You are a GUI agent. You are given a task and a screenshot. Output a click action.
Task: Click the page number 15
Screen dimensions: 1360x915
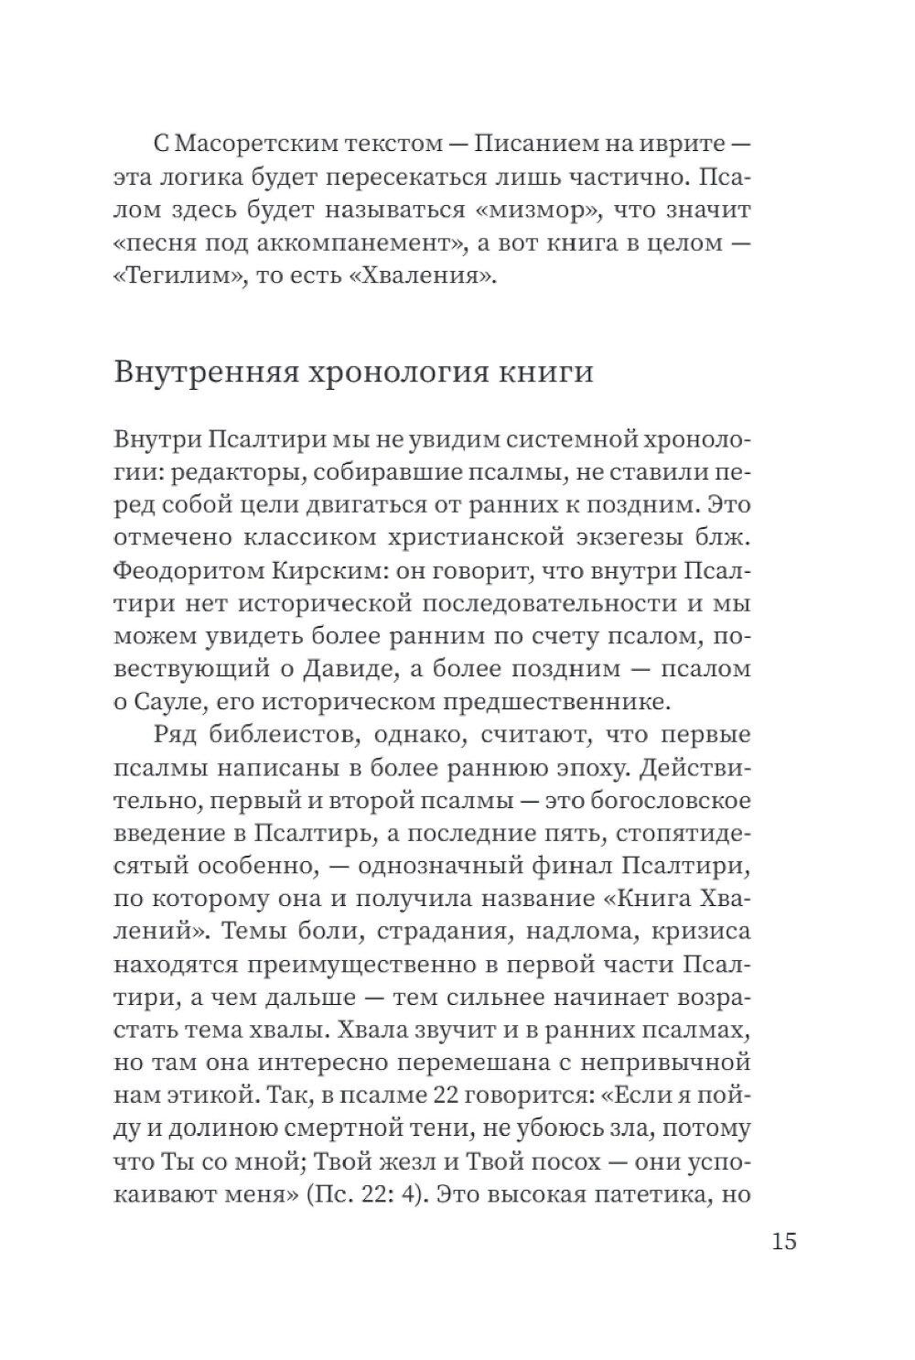784,1242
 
